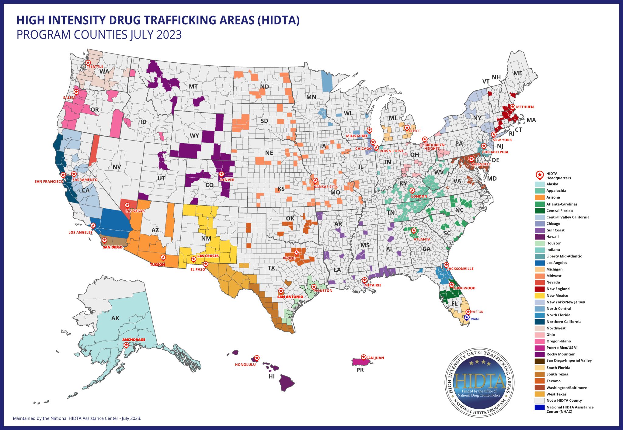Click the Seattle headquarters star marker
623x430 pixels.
click(88, 63)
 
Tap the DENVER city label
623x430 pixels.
click(227, 180)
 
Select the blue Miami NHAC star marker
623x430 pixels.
click(467, 317)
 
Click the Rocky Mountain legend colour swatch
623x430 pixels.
click(540, 354)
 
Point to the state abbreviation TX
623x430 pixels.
click(271, 268)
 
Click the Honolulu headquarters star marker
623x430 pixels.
click(257, 358)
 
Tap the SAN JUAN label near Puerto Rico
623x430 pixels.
click(375, 358)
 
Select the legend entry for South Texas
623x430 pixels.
click(557, 374)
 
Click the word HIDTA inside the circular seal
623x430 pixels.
click(479, 381)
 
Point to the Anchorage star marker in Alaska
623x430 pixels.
click(126, 345)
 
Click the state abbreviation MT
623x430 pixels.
click(193, 87)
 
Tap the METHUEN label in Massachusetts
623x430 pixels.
click(525, 107)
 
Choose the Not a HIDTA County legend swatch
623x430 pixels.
click(540, 401)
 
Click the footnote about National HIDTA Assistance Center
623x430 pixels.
click(77, 418)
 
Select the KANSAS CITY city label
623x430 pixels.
click(325, 187)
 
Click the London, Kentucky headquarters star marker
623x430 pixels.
click(412, 190)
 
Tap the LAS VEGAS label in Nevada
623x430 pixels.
click(135, 211)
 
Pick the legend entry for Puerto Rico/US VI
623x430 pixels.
click(562, 348)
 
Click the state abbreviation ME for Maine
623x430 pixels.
click(518, 73)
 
